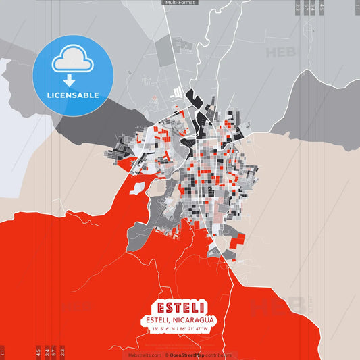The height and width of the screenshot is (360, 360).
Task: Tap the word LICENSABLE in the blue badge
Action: (73, 95)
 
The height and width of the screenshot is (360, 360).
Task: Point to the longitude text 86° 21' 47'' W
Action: (197, 330)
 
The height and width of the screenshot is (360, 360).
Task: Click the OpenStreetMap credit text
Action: (188, 354)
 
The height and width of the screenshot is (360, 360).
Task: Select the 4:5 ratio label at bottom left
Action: (38, 352)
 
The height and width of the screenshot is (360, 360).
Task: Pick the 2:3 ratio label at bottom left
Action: (63, 352)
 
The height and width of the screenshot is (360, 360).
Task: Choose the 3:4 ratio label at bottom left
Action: (47, 352)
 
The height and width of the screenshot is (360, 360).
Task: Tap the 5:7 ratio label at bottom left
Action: (55, 352)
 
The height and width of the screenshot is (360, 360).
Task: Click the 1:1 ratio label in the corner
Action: (3, 353)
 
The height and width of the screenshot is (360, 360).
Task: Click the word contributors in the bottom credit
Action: (218, 354)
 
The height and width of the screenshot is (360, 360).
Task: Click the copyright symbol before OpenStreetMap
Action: (166, 354)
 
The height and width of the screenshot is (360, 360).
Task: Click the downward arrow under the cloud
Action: (72, 80)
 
